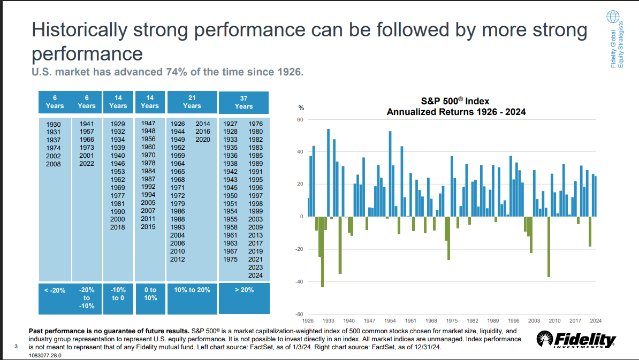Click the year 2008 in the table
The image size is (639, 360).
click(54, 164)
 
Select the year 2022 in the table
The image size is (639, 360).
click(87, 164)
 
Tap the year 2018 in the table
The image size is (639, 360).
click(117, 227)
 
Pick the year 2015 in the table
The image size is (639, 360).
click(148, 227)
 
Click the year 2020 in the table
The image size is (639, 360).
click(203, 139)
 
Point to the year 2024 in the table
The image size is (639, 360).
click(256, 275)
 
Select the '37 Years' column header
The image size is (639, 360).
click(244, 102)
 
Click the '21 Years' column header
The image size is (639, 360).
click(192, 102)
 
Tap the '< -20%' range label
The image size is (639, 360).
click(55, 290)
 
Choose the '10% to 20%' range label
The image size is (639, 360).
click(192, 290)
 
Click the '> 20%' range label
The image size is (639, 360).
click(244, 290)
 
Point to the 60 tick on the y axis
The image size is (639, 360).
click(300, 120)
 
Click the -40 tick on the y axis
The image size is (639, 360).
click(299, 281)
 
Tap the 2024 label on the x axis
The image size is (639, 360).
click(595, 320)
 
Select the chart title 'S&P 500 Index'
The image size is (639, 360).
click(456, 101)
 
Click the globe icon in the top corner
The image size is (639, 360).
click(612, 17)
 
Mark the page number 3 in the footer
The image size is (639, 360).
click(16, 348)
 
